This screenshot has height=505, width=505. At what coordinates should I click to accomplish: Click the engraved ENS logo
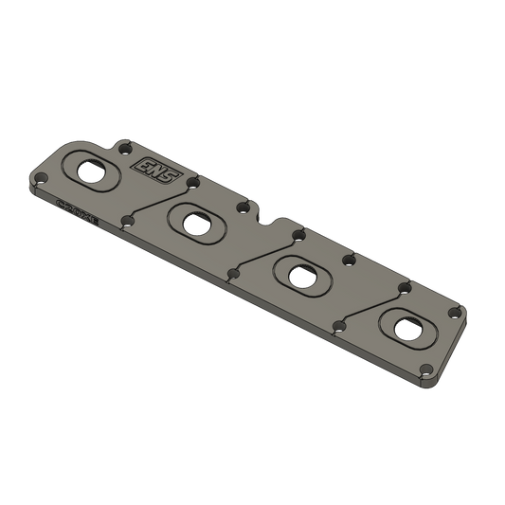point(147,165)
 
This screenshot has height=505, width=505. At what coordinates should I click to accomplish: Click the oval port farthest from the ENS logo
point(409,326)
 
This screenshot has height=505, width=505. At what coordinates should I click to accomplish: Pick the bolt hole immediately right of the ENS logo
point(192,180)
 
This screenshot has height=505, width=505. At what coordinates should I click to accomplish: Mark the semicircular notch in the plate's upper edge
point(275,220)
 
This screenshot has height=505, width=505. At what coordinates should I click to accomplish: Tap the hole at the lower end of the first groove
point(128,223)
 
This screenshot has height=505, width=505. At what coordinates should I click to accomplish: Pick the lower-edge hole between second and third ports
point(232,276)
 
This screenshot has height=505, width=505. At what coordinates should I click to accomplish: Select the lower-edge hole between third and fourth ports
point(339,328)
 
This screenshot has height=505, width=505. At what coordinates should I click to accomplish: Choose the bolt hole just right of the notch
point(297,231)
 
